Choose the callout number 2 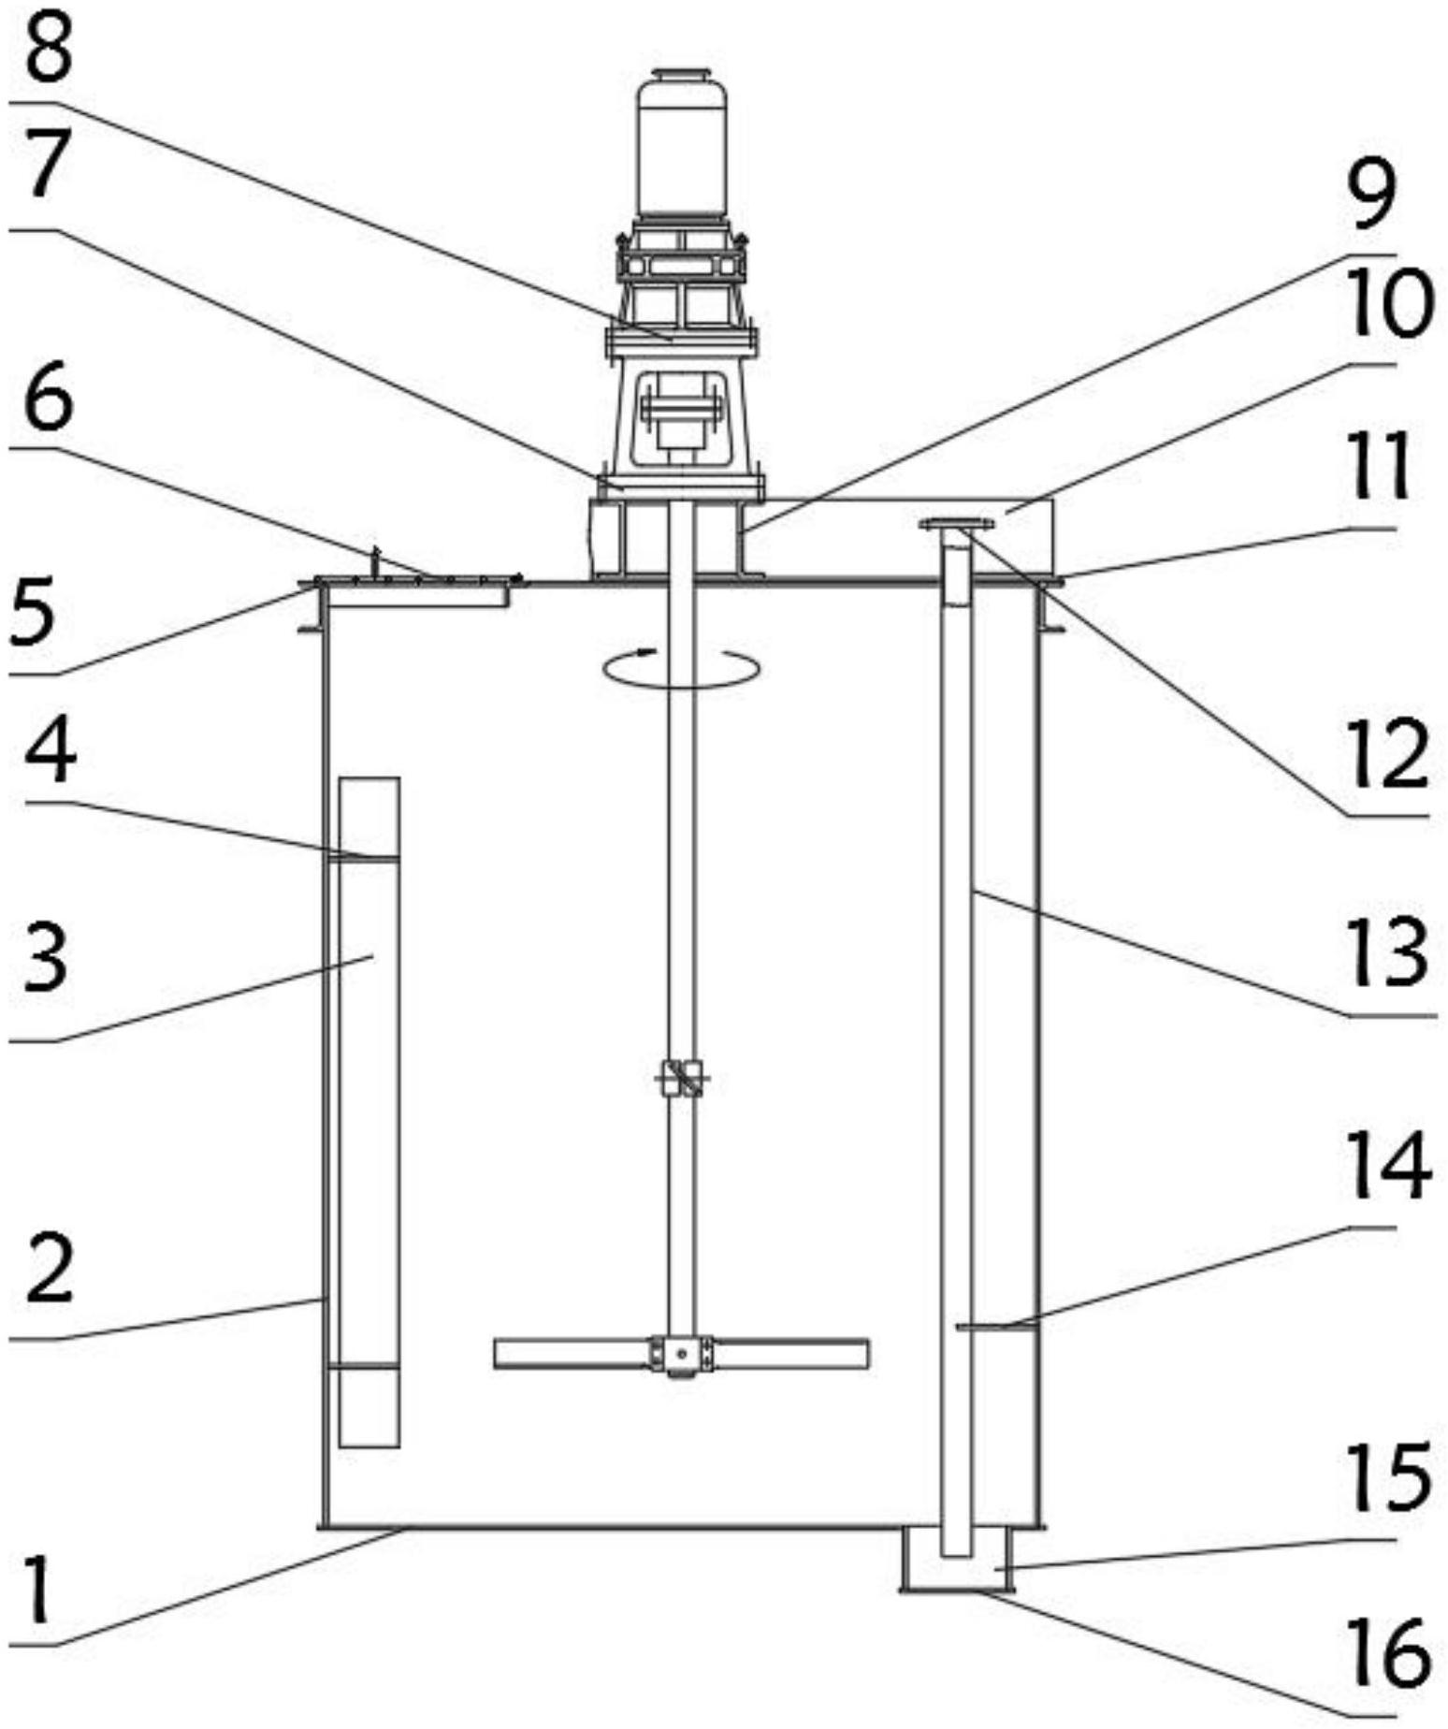pyautogui.click(x=49, y=1270)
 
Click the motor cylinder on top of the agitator pyautogui.click(x=682, y=144)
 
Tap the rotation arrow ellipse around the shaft pyautogui.click(x=681, y=667)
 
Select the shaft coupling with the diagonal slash pyautogui.click(x=682, y=1078)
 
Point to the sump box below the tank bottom pyautogui.click(x=956, y=1558)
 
